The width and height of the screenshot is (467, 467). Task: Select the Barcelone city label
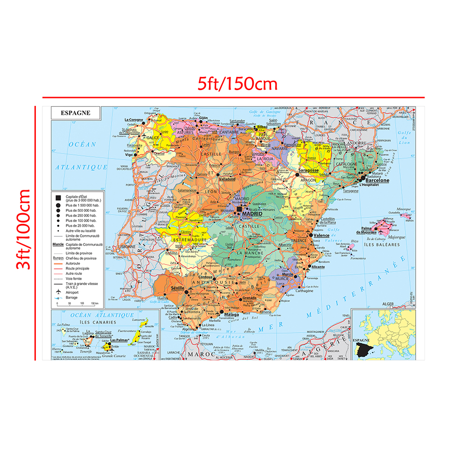pos(377,180)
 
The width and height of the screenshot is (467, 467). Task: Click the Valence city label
pos(321,236)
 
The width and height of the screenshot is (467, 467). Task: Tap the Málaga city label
pos(231,315)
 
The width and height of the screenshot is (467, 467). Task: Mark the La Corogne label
pos(133,120)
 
